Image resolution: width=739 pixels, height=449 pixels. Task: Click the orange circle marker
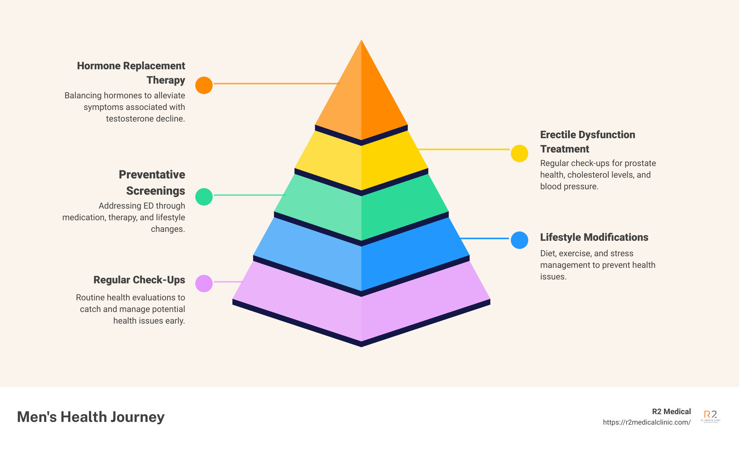click(x=204, y=85)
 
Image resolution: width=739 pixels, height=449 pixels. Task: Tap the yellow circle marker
click(x=519, y=154)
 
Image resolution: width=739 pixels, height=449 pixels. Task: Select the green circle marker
click(x=204, y=197)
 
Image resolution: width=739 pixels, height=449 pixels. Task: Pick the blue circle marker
click(x=519, y=240)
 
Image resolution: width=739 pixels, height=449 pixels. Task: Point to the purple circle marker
click(x=204, y=283)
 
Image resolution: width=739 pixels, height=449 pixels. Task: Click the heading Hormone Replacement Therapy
click(x=131, y=73)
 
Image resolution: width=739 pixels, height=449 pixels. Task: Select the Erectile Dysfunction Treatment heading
click(x=587, y=142)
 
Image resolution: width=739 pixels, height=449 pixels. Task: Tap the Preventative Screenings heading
click(x=152, y=182)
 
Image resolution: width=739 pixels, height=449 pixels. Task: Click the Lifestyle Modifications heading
click(x=594, y=237)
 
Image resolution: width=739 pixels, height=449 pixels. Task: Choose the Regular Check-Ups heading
click(x=139, y=280)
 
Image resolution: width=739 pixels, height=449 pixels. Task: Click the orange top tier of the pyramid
click(x=361, y=97)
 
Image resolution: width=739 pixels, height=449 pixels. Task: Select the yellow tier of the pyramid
click(x=361, y=163)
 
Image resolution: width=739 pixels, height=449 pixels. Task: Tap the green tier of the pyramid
click(x=361, y=209)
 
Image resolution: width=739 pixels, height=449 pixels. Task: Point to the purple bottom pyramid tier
click(x=361, y=310)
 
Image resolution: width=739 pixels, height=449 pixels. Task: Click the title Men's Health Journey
click(x=91, y=417)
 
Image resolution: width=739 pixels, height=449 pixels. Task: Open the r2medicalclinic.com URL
click(x=647, y=422)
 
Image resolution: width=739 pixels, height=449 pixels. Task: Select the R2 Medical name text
click(x=671, y=411)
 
